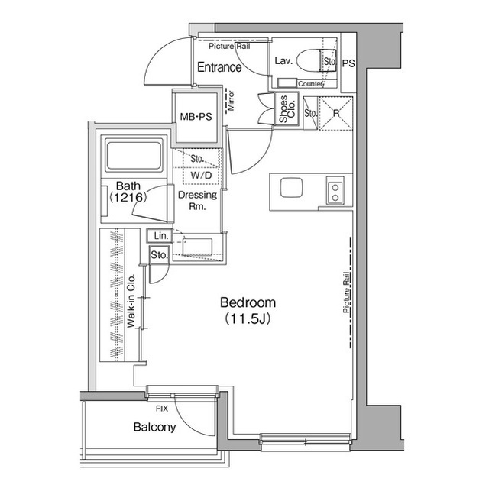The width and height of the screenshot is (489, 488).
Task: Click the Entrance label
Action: [219, 68]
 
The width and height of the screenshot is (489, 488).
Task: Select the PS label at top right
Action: [348, 63]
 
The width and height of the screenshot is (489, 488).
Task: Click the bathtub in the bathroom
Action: [134, 155]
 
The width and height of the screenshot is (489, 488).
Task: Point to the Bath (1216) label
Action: [127, 191]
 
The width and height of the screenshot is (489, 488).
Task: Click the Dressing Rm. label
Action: [197, 200]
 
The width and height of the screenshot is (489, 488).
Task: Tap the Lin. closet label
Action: [160, 237]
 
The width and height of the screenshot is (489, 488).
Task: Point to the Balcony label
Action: [154, 428]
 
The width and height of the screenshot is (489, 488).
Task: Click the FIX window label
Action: [162, 409]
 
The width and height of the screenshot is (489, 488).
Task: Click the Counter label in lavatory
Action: [309, 83]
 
